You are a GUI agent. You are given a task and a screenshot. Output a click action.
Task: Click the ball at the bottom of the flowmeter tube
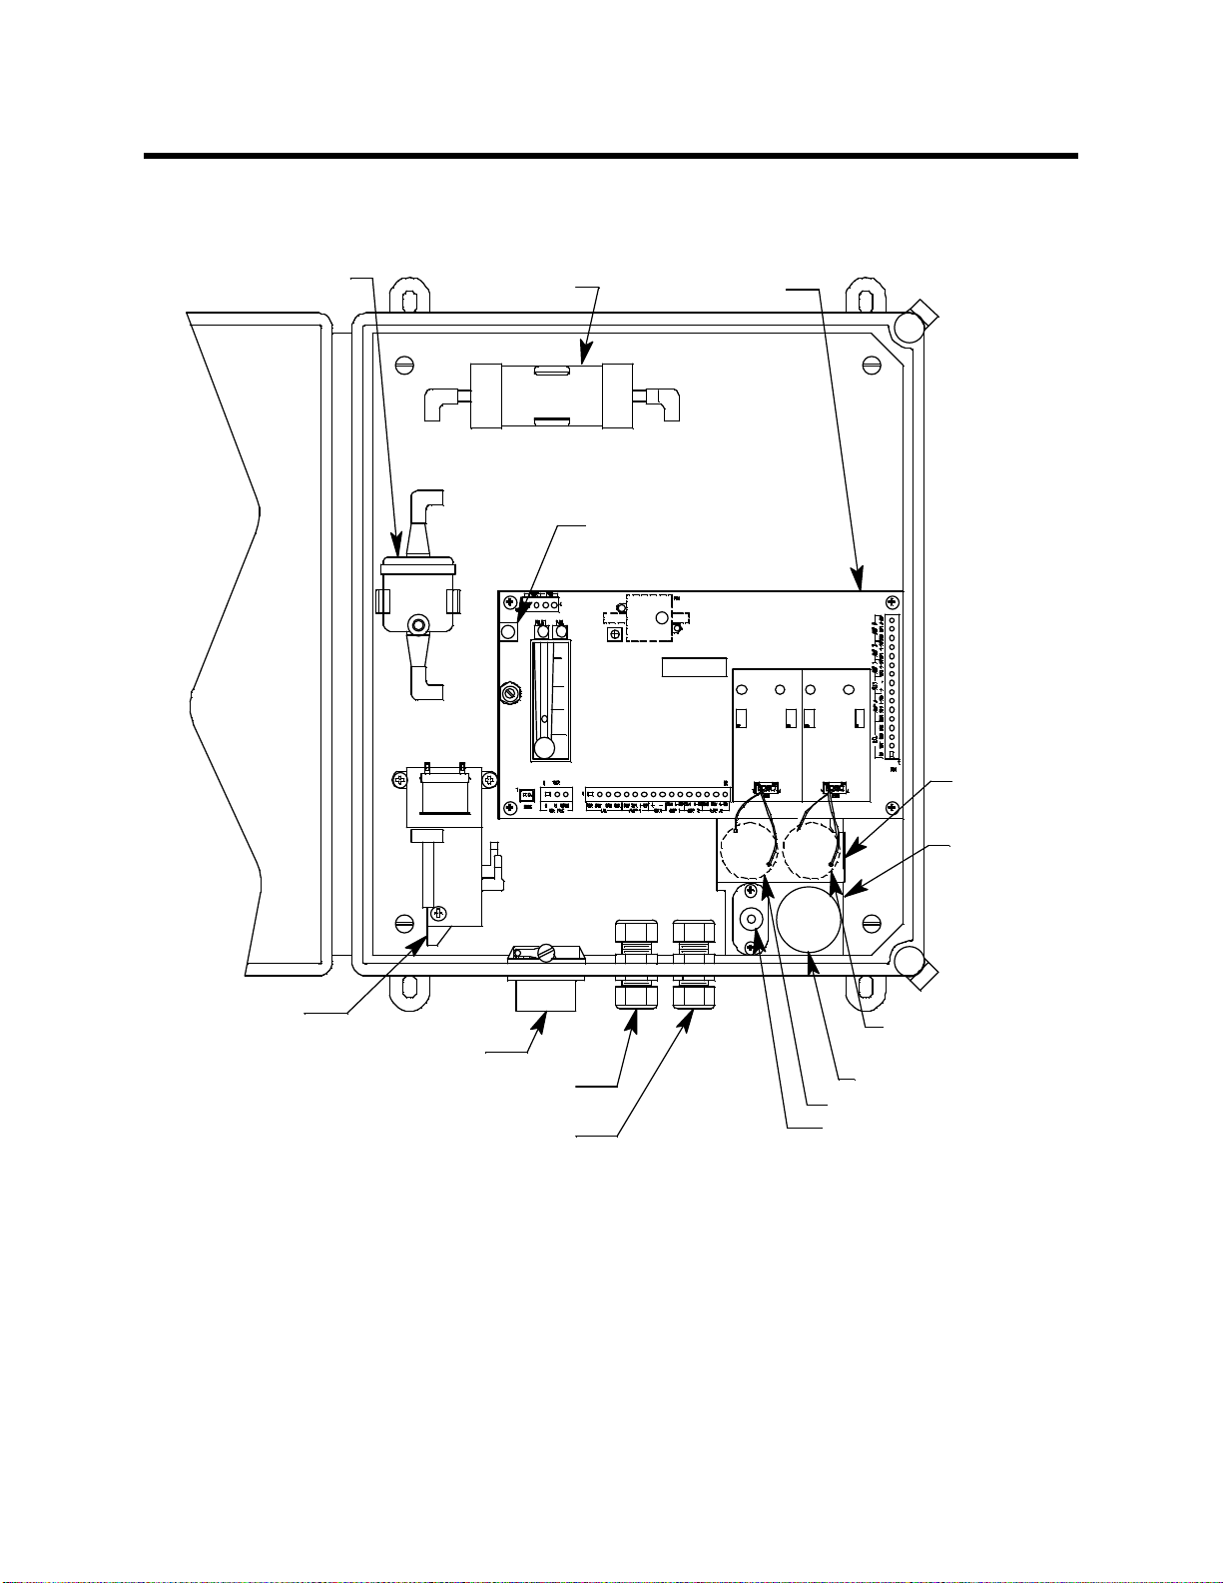click(544, 749)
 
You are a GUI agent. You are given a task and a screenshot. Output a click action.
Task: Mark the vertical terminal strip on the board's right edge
click(892, 689)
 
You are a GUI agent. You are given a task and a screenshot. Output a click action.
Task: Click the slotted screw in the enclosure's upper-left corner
click(403, 366)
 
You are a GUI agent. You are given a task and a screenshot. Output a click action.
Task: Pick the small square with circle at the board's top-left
click(509, 633)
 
